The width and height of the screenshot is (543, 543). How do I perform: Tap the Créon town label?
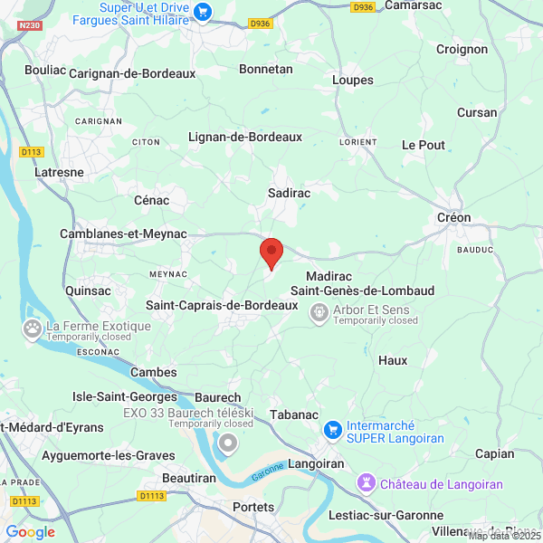pyautogui.click(x=453, y=218)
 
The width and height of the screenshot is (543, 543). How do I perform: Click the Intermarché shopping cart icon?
pyautogui.click(x=332, y=428)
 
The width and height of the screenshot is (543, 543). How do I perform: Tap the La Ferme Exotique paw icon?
pyautogui.click(x=33, y=329)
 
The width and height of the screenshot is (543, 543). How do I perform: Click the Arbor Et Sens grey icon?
pyautogui.click(x=319, y=314)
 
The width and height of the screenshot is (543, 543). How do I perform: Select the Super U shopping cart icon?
pyautogui.click(x=203, y=13)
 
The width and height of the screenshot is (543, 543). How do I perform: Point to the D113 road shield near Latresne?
pyautogui.click(x=32, y=152)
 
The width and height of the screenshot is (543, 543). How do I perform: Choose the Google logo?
pyautogui.click(x=30, y=532)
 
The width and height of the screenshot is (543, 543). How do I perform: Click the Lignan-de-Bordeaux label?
pyautogui.click(x=244, y=137)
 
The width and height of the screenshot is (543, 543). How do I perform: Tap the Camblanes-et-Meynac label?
pyautogui.click(x=122, y=233)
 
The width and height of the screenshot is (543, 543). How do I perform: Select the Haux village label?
pyautogui.click(x=393, y=360)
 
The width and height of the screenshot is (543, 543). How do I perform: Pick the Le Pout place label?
pyautogui.click(x=424, y=145)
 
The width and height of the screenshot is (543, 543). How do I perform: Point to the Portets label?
pyautogui.click(x=252, y=507)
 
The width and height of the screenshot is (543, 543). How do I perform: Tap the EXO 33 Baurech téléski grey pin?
pyautogui.click(x=228, y=443)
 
